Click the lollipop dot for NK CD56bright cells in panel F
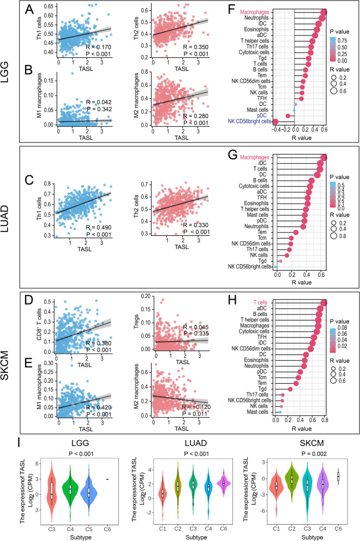(x=275, y=121)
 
